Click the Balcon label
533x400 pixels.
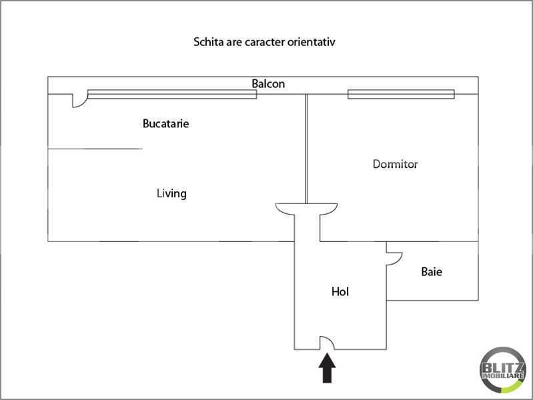point(268,83)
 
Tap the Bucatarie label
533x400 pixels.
point(166,123)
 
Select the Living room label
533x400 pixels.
point(171,193)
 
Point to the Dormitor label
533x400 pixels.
point(396,164)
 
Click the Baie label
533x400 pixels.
point(432,271)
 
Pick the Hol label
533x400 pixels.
point(340,291)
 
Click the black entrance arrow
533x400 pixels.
point(327,368)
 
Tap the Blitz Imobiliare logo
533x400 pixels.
point(503,370)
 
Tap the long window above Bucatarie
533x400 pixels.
point(172,95)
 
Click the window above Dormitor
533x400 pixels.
point(401,94)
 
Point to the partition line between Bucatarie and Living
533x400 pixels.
point(95,149)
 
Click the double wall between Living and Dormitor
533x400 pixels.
point(306,149)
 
